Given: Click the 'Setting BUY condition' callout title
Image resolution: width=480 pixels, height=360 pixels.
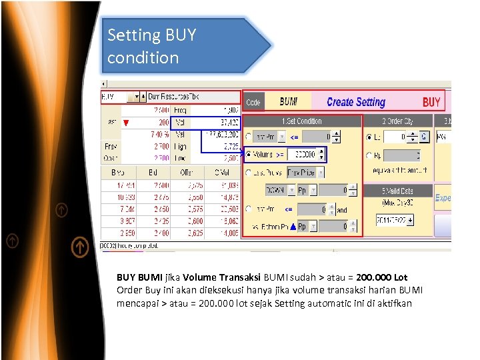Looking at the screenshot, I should point(152,46).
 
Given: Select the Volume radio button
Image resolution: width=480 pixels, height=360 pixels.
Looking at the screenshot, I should point(249,155).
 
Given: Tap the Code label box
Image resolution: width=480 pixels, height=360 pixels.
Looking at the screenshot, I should point(253,102).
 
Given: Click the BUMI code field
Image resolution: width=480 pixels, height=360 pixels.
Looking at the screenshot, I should point(289,102).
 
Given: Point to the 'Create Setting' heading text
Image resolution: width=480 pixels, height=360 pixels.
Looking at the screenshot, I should point(356,102).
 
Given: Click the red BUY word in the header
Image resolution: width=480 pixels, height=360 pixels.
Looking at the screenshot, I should point(431,102).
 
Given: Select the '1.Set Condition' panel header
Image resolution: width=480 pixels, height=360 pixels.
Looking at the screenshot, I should point(302,121).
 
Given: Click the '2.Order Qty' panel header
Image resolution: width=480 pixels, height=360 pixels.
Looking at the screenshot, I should point(397,121).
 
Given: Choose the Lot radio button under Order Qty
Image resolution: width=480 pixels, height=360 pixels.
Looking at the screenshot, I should point(370,137).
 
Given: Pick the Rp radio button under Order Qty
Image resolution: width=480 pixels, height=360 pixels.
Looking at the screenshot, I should point(370,156).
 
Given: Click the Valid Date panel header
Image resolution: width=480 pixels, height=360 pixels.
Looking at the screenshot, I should point(397,191).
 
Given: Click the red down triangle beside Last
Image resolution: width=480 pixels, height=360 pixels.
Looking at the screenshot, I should point(126,123).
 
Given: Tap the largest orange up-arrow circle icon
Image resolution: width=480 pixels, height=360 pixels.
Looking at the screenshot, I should point(79,247).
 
